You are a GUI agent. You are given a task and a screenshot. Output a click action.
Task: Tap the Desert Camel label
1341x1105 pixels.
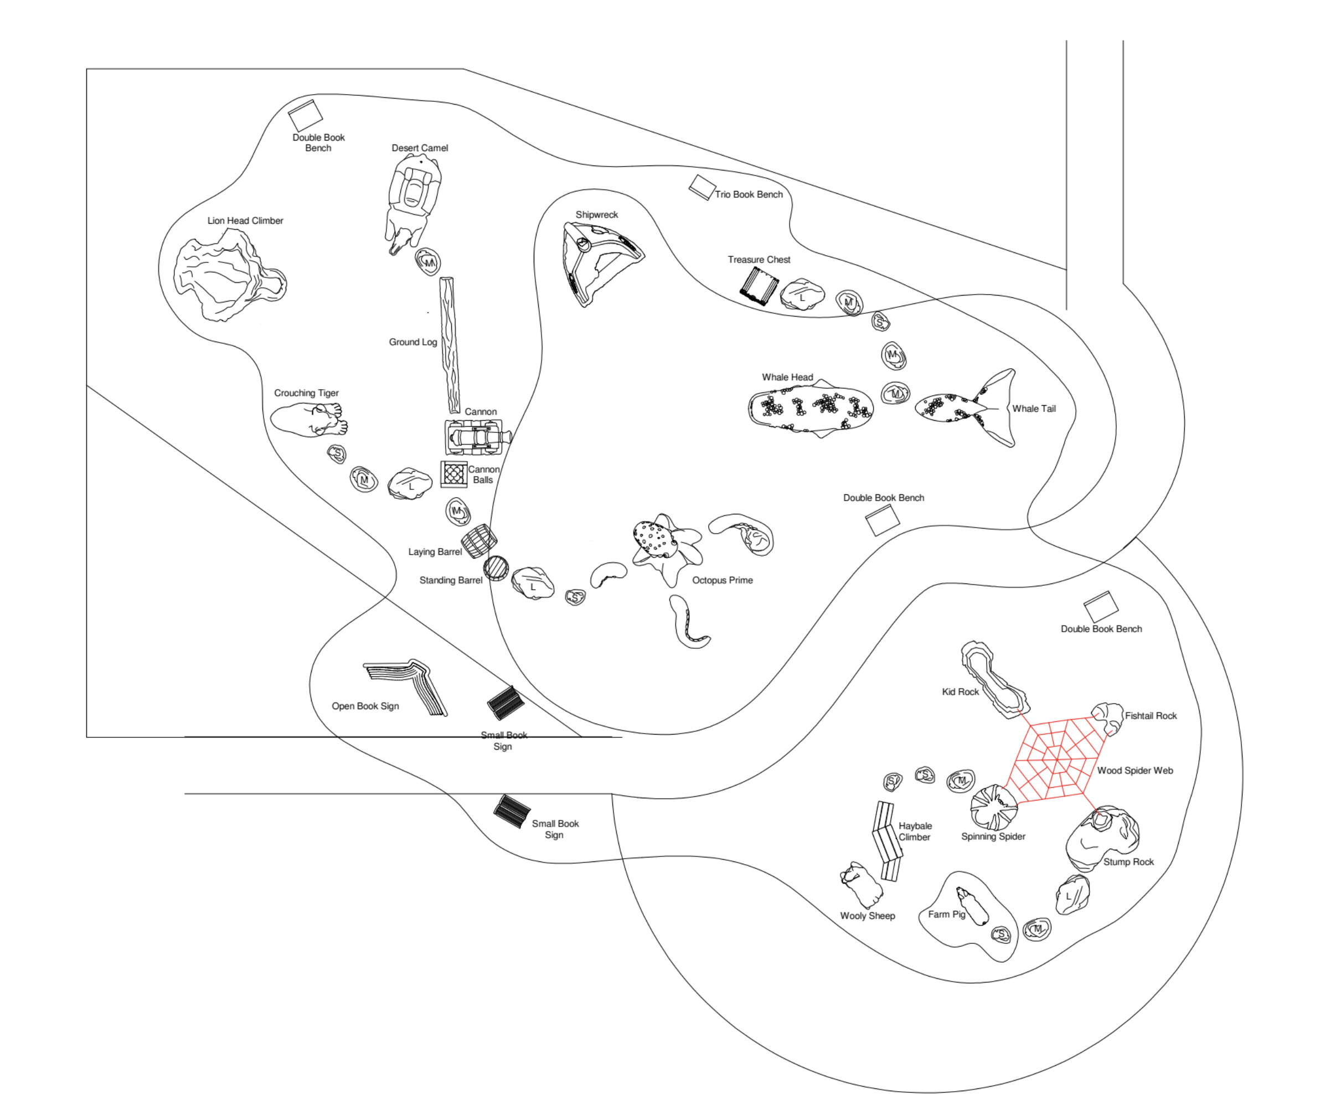[x=420, y=148]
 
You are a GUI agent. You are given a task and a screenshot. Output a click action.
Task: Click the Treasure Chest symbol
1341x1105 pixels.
[x=759, y=286]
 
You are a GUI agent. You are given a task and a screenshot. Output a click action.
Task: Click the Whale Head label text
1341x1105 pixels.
[x=787, y=378]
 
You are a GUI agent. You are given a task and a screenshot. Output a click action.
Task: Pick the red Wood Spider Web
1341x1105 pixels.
[x=1056, y=757]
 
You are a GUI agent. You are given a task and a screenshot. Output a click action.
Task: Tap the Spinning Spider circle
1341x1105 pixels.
[x=993, y=807]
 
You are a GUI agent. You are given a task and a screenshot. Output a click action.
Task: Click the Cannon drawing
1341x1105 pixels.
[x=477, y=437]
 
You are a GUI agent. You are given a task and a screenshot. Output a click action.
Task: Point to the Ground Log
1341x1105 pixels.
[x=450, y=345]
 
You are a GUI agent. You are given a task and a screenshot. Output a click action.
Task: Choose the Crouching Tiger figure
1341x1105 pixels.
[x=310, y=420]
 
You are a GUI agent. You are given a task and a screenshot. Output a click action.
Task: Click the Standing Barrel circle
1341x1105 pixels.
[x=496, y=568]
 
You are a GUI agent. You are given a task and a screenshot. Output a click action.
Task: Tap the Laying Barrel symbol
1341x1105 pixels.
[x=478, y=541]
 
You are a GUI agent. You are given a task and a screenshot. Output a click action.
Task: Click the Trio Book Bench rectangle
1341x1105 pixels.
[x=702, y=188]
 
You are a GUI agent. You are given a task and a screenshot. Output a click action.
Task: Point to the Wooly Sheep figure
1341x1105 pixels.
[x=860, y=885]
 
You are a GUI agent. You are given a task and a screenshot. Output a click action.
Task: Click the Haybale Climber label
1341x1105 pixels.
[x=915, y=832]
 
